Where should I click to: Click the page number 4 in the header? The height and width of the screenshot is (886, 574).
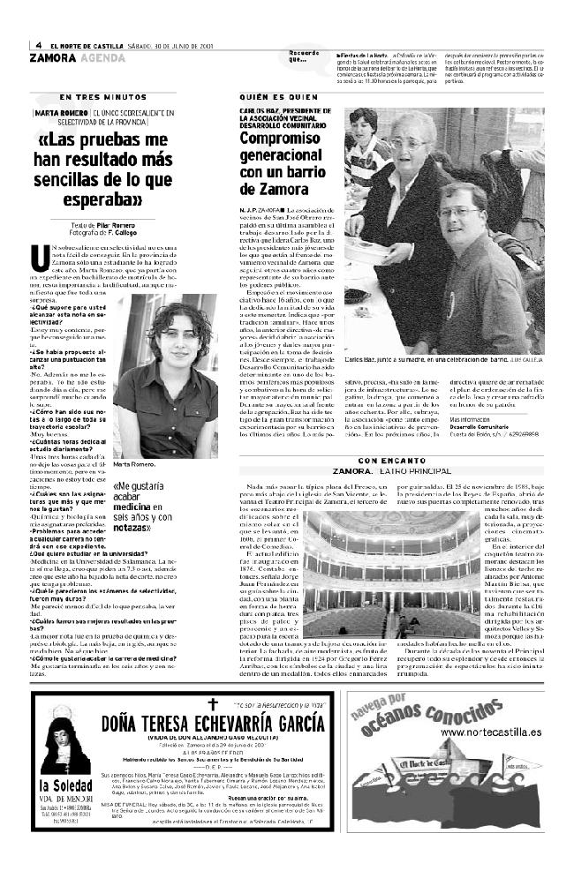(x=39, y=46)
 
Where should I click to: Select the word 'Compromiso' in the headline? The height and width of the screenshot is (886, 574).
(x=282, y=139)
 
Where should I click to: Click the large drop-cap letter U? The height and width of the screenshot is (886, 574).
(x=38, y=258)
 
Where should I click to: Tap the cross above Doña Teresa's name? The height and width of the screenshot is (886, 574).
(x=211, y=703)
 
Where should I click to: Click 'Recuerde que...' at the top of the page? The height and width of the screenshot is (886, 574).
(x=303, y=56)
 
